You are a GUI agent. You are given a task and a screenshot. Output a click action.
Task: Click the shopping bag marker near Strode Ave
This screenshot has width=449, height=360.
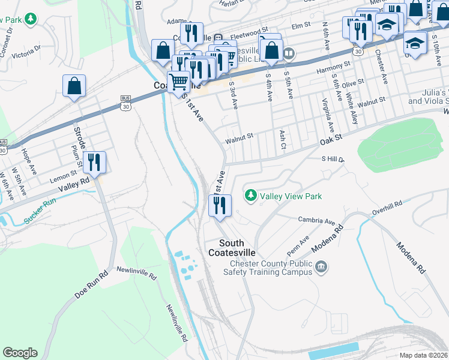(74, 85)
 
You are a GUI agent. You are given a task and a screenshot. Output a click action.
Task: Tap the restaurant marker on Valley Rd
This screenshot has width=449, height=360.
(94, 162)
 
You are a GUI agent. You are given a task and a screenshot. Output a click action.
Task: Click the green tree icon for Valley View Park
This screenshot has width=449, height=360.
(250, 196)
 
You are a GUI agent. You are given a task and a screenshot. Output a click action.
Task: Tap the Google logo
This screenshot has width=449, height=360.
(20, 353)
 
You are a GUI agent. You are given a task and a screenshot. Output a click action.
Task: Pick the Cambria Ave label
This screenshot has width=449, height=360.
(316, 220)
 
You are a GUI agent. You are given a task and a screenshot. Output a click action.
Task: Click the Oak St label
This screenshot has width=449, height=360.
(331, 139)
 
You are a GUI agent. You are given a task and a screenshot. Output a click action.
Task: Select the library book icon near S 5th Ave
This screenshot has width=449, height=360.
(289, 55)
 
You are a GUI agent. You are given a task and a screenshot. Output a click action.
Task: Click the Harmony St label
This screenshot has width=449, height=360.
(334, 65)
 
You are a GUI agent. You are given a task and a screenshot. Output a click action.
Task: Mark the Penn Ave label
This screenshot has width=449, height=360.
(298, 244)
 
